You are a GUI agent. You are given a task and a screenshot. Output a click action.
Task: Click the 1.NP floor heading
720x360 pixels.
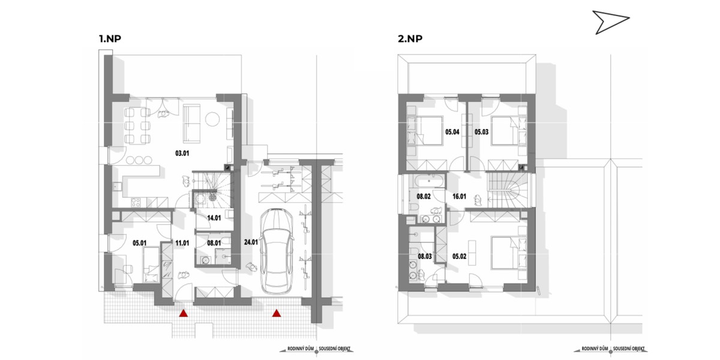[110, 39]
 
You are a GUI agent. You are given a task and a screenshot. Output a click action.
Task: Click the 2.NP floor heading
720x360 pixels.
[410, 39]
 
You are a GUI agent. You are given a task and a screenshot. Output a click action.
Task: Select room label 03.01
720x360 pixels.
[182, 154]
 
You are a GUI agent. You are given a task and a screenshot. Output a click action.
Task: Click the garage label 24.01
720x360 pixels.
[251, 242]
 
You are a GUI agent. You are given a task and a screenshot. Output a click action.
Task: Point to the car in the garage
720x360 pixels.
[276, 251]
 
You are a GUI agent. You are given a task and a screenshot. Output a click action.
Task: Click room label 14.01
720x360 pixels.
[214, 218]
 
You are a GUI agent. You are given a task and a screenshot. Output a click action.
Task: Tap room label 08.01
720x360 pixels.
[214, 244]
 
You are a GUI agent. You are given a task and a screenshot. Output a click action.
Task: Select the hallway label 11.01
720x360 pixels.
[182, 244]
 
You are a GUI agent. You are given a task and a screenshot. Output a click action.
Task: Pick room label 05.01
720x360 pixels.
[139, 244]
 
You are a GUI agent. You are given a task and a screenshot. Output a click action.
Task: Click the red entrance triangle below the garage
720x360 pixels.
[277, 313]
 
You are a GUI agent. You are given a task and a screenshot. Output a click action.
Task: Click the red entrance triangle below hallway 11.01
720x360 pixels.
[183, 313]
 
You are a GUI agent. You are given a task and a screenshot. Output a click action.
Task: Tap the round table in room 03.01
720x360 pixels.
[212, 119]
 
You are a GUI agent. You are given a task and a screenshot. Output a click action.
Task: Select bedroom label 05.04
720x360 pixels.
[452, 132]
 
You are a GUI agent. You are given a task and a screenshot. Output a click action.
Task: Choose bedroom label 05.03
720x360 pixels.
[481, 132]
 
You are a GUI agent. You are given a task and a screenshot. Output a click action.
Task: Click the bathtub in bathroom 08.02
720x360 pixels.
[430, 181]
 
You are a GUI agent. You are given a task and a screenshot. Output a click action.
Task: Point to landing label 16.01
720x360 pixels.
[459, 196]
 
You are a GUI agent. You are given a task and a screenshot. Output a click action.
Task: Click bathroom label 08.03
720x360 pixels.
[425, 256]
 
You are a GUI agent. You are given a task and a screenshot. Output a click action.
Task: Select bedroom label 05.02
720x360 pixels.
[459, 256]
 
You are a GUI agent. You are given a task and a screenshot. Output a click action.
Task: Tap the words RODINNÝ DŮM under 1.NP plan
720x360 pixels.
[301, 349]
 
